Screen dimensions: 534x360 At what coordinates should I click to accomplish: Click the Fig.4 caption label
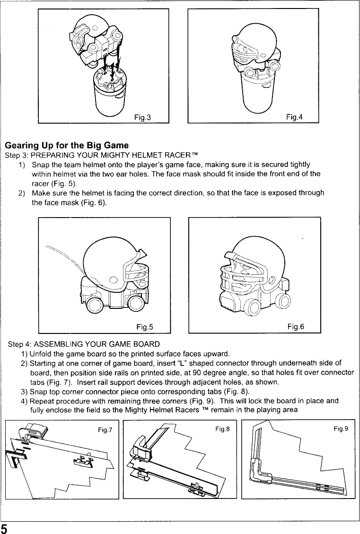click(294, 116)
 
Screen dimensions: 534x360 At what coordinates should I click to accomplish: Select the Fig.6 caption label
click(296, 326)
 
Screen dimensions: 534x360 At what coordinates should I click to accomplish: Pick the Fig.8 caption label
click(221, 429)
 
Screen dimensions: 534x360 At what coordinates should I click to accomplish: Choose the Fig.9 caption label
click(341, 429)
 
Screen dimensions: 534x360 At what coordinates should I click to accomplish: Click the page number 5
click(4, 528)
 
